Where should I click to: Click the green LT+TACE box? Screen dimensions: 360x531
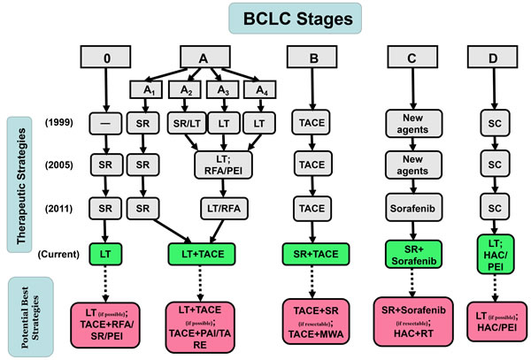coord(204,254)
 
